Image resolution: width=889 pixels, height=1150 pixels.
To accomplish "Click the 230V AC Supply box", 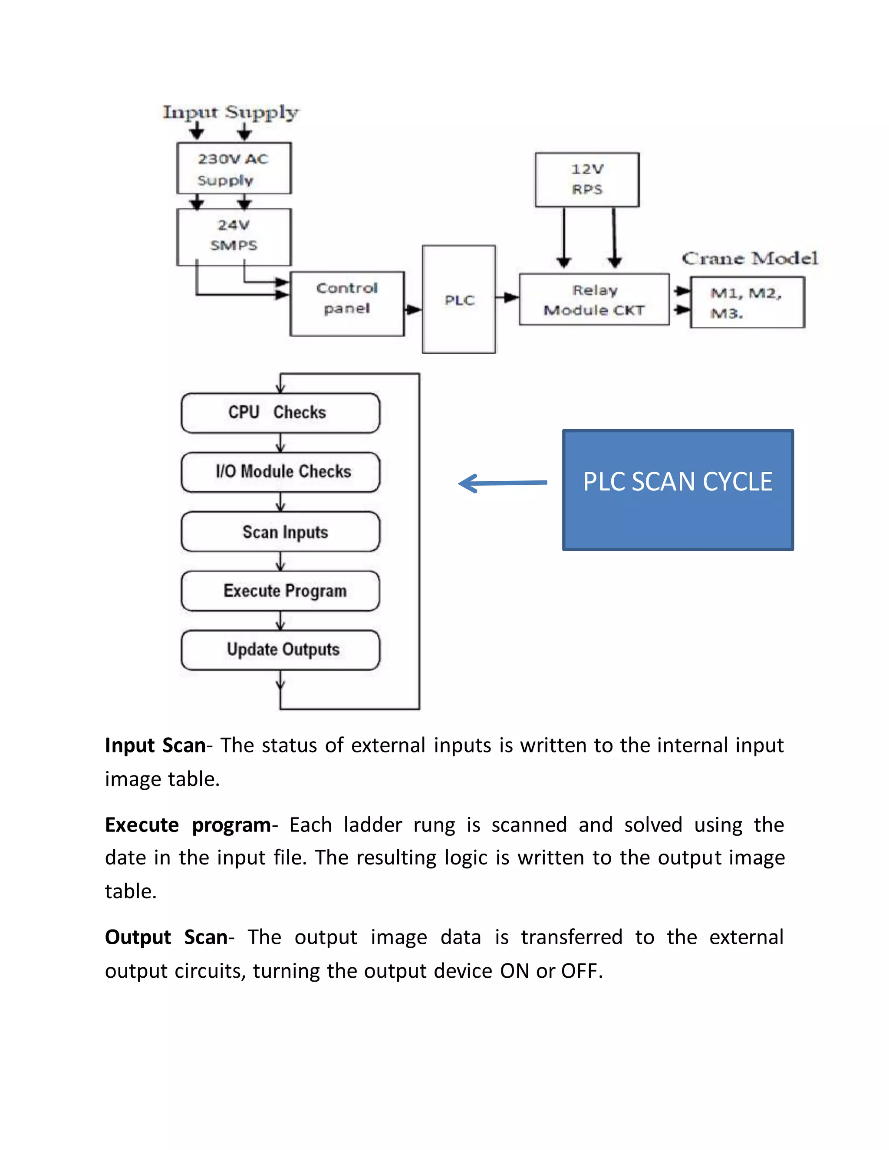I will coord(234,168).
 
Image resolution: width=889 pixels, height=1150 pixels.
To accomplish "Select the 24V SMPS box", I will coord(234,237).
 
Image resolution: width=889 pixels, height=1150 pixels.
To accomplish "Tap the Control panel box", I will coord(347,304).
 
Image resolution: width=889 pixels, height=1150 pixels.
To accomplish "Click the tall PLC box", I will coord(459,299).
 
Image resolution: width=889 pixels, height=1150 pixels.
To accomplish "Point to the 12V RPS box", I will coord(587,180).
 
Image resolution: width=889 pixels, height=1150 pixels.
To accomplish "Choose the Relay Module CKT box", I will coord(594,299).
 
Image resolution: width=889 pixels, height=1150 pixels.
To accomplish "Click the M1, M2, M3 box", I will coord(747,303).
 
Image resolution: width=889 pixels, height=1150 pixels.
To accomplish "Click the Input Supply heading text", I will coord(230,112).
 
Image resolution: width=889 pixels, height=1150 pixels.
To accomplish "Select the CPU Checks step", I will coord(280,413).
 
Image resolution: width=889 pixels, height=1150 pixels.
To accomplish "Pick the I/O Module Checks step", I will coord(280,472).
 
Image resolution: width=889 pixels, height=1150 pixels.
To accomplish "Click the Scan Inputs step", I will coord(280,532).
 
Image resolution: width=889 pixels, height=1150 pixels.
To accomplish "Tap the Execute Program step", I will coord(280,591).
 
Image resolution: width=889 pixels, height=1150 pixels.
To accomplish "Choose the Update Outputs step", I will coord(280,650).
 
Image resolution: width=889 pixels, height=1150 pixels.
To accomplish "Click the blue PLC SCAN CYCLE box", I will coord(678,490).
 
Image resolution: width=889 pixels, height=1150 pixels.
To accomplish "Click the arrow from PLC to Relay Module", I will coord(508,298).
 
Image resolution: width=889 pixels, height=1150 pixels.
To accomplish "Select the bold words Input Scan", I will coord(155,746).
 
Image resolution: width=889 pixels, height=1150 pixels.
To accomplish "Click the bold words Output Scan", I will coord(166,938).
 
